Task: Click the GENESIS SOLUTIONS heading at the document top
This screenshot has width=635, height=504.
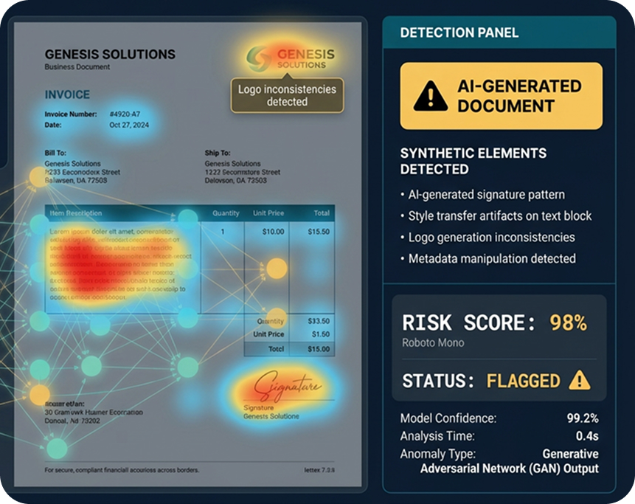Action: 110,54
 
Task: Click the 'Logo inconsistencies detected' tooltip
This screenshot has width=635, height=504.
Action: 287,95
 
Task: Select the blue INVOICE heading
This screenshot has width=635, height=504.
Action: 67,94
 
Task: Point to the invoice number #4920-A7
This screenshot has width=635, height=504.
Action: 125,114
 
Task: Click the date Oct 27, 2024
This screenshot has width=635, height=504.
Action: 129,125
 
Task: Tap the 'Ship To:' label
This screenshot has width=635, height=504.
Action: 218,153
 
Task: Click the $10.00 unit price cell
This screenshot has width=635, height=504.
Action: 273,232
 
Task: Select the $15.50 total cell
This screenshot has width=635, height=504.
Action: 319,232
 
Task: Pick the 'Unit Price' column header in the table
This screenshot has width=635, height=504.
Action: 268,213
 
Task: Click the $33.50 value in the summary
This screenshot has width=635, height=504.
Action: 319,321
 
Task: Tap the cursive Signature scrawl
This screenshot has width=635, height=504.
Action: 287,387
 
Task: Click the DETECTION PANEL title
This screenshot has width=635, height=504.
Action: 459,32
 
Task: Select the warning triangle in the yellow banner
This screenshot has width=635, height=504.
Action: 430,96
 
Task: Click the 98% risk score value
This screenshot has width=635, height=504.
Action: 568,322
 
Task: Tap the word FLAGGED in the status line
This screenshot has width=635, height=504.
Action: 524,381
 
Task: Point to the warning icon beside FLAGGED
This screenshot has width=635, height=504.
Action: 580,380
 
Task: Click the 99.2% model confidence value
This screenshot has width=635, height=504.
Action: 582,418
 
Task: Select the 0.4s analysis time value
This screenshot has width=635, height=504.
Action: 588,436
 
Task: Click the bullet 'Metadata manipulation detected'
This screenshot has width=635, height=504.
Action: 492,259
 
